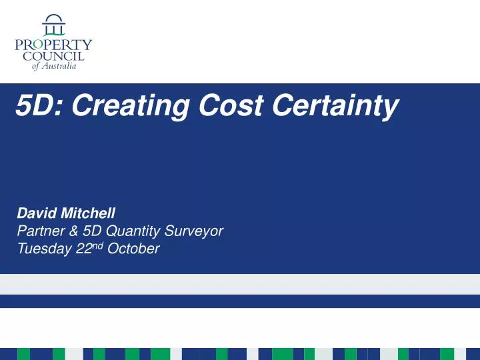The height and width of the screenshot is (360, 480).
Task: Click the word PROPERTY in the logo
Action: pos(53,45)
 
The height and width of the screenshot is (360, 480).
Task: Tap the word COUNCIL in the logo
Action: pos(53,56)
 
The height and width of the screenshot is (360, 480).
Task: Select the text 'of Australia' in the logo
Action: pos(54,66)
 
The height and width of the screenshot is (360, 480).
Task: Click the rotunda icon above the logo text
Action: pos(53,25)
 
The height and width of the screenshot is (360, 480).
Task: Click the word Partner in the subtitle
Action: pos(39,231)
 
